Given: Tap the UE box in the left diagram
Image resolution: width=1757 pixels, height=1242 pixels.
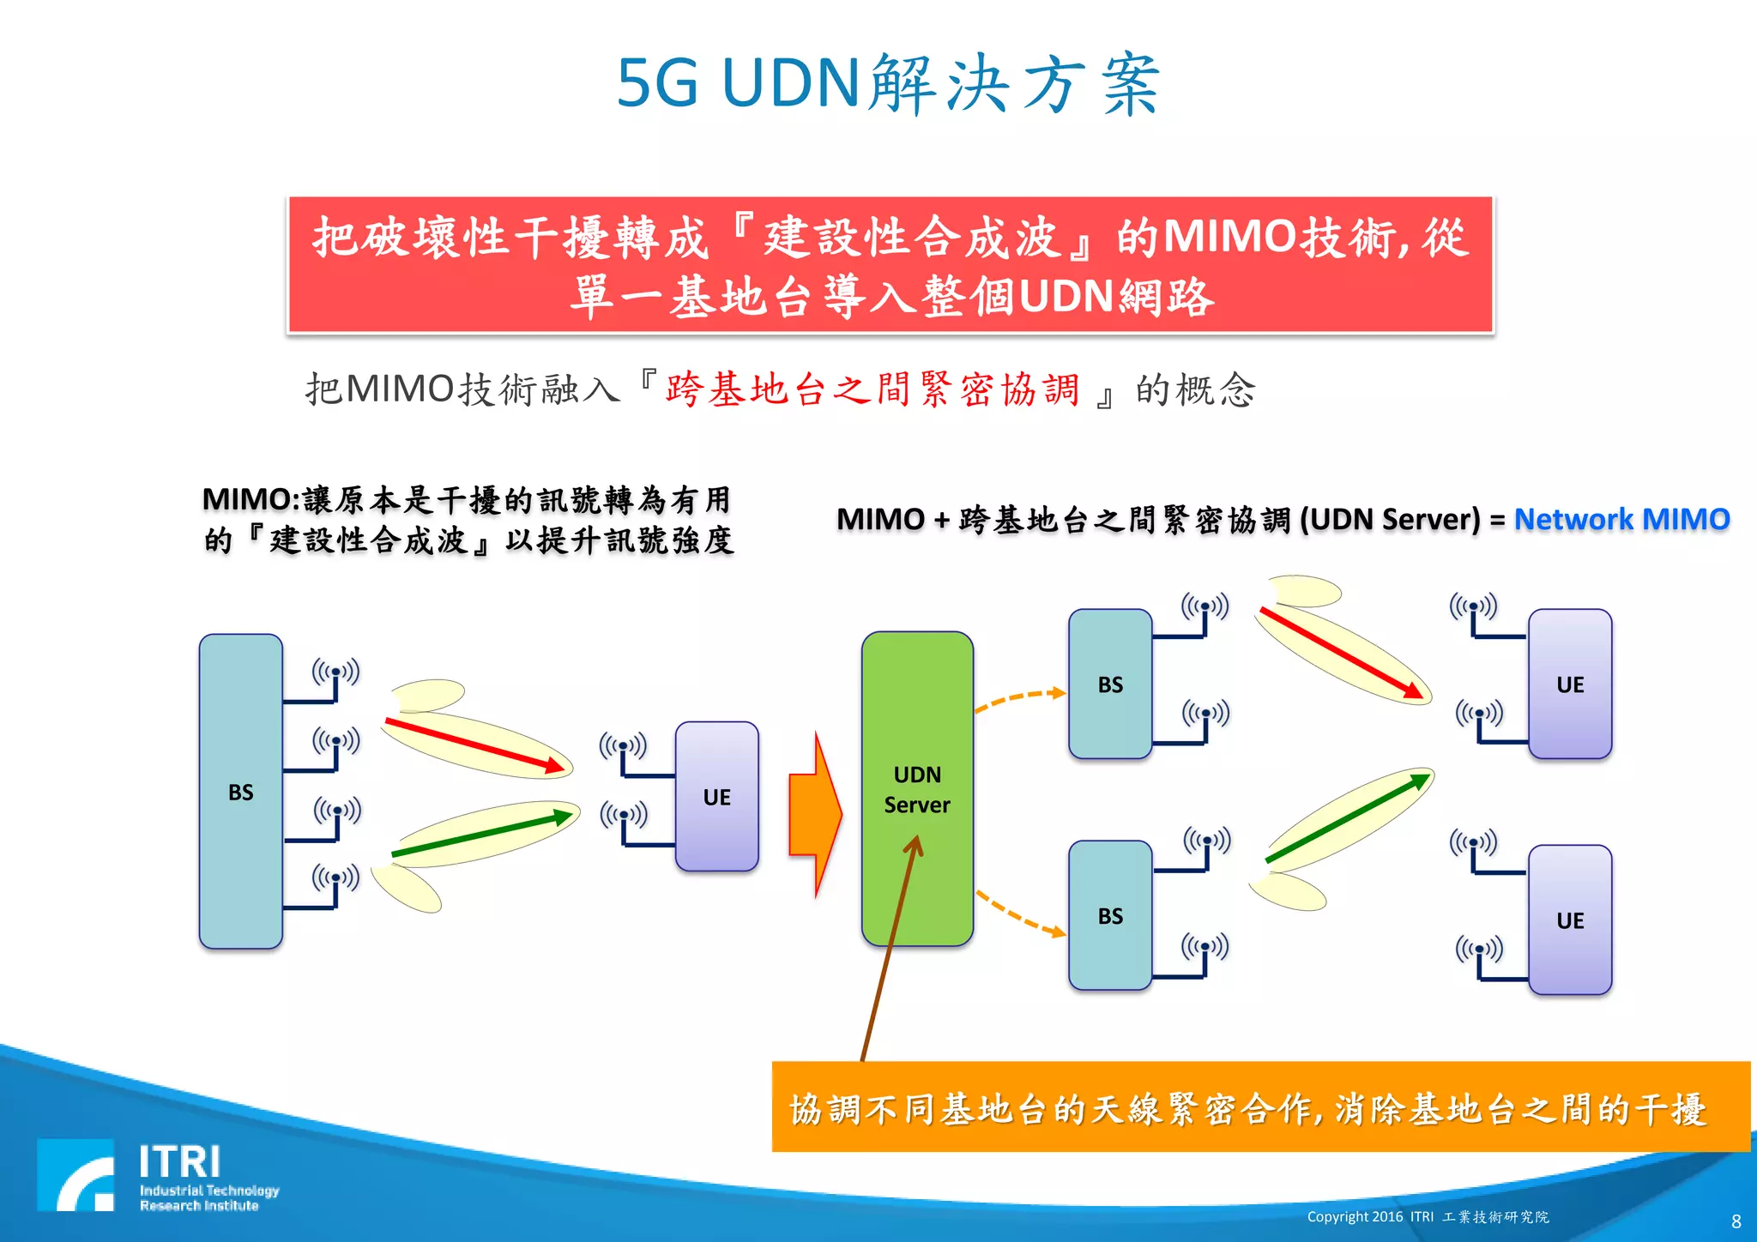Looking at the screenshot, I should point(717,796).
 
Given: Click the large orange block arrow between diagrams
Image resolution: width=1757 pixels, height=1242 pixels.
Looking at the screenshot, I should point(814,814).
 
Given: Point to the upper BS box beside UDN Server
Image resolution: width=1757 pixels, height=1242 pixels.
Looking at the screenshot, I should point(1110,684).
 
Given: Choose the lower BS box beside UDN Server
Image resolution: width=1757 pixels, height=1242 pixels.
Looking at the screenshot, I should point(1110,915).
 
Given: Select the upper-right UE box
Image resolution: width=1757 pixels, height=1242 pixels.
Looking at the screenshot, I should point(1570,684).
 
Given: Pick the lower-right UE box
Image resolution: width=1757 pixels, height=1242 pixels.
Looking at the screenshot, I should point(1570,919).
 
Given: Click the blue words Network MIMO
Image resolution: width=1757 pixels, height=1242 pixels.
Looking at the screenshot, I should point(1621,519).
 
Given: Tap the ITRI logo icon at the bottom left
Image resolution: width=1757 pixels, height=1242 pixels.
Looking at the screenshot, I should point(75,1175).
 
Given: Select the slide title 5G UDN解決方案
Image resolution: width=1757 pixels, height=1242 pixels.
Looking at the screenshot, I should point(889,83).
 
